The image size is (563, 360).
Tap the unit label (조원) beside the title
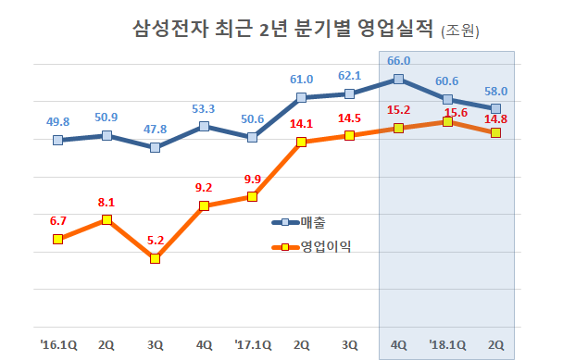click(458, 31)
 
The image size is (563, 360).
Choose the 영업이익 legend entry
click(325, 246)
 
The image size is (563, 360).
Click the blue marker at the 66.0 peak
click(398, 80)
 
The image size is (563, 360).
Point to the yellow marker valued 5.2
click(156, 258)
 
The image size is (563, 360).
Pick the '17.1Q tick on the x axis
click(252, 343)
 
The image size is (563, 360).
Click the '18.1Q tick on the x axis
click(447, 343)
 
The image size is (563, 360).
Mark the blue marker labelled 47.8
click(156, 147)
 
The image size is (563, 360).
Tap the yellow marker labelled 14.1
click(301, 142)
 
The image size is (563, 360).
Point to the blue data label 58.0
click(496, 91)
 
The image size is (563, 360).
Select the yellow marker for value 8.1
click(106, 219)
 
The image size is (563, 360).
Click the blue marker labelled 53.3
click(204, 126)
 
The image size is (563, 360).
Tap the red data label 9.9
click(252, 179)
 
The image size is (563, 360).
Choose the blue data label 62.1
click(350, 76)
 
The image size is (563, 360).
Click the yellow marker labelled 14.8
click(496, 132)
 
